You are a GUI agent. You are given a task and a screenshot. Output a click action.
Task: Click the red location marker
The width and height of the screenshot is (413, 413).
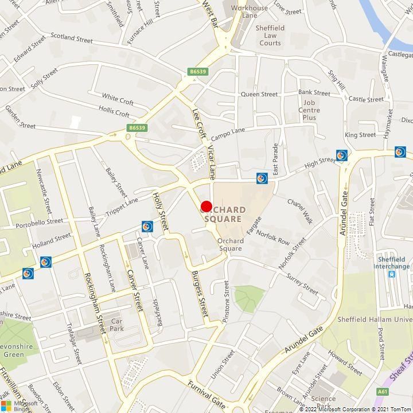tap(206, 206)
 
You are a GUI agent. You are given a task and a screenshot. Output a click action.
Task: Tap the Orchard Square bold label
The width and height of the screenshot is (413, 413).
tap(224, 215)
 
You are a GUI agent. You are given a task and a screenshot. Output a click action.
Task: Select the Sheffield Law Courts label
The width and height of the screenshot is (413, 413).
tap(270, 35)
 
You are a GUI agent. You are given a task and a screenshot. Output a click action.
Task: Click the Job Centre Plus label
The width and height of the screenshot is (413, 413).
tap(309, 110)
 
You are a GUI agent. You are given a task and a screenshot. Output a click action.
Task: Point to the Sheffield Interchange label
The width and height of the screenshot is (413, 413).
tap(392, 262)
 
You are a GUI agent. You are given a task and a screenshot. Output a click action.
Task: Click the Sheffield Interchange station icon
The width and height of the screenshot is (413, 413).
tap(392, 274)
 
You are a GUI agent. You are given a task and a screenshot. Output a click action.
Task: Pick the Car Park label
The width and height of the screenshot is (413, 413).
tap(117, 326)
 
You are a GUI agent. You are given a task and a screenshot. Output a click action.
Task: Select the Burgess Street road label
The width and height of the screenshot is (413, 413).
tap(200, 294)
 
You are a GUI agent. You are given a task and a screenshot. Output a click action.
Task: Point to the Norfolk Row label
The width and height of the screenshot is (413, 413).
tap(273, 237)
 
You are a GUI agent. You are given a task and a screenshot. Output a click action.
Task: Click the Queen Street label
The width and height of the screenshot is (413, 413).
tap(259, 94)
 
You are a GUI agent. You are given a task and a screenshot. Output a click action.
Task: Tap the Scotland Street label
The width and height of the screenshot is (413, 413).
tap(72, 37)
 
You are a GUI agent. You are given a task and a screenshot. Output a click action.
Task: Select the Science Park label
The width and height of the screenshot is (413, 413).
tap(324, 402)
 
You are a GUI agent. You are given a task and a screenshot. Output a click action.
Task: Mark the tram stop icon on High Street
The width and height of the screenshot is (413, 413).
tap(262, 178)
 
